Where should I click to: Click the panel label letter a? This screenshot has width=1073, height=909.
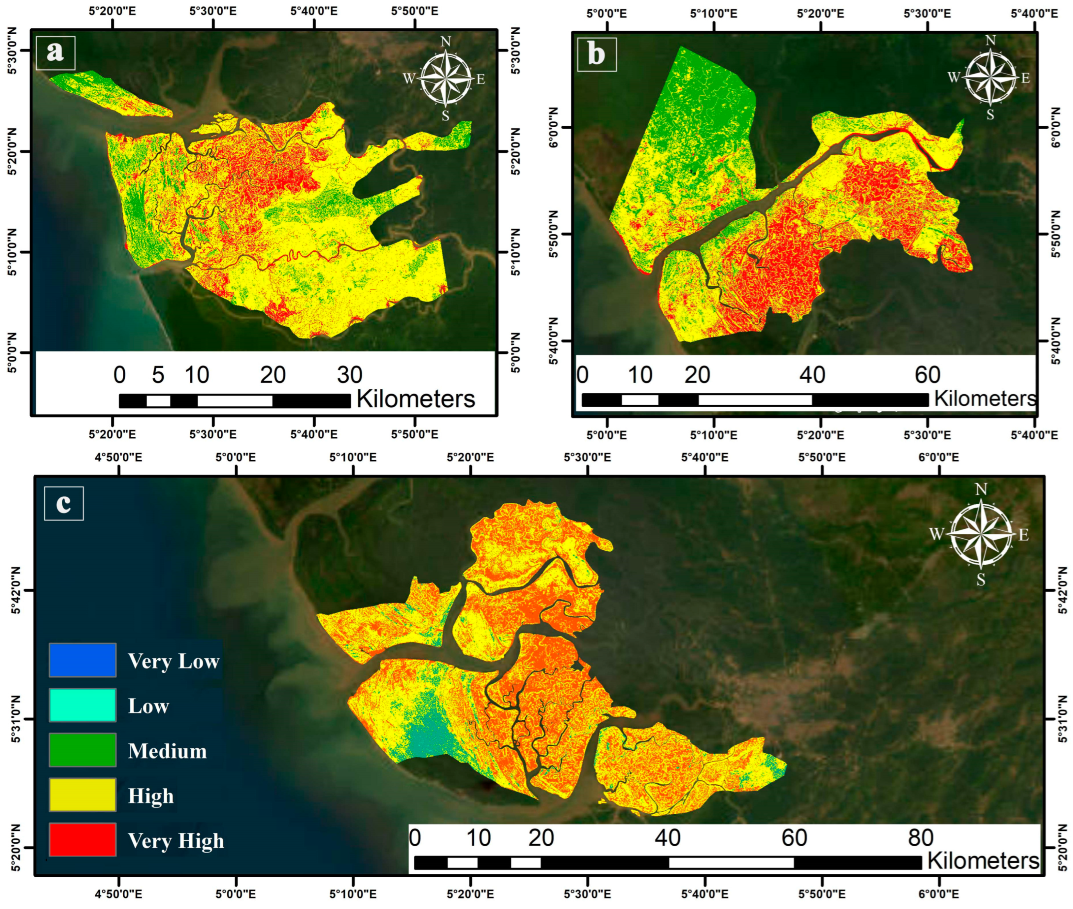(55, 52)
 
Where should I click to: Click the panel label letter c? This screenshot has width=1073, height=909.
(63, 503)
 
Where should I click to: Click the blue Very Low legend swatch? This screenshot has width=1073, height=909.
(83, 660)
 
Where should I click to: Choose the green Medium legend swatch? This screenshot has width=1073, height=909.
(83, 750)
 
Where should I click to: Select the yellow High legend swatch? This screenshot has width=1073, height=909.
(83, 795)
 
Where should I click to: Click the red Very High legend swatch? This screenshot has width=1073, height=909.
(83, 839)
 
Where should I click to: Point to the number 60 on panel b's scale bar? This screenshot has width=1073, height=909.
(927, 375)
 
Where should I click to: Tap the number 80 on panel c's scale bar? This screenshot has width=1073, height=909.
(921, 837)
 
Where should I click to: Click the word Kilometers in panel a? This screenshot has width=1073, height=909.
(415, 399)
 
